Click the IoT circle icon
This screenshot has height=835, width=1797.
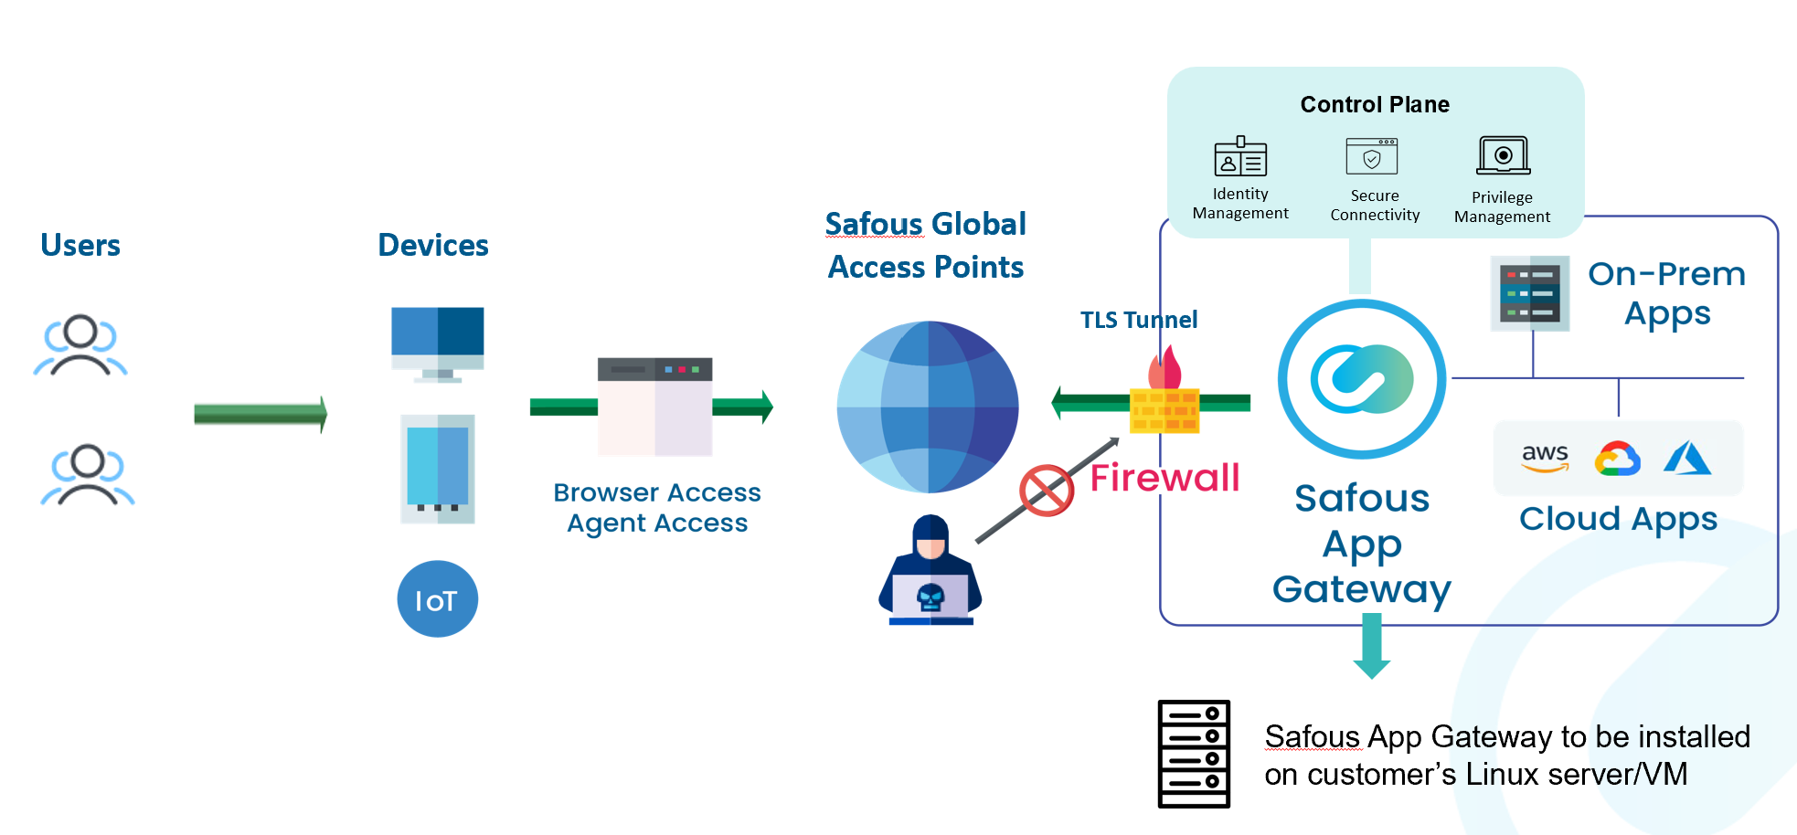click(437, 599)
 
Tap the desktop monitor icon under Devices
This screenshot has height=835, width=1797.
click(438, 344)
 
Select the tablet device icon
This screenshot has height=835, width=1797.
click(438, 469)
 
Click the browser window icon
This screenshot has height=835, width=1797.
click(654, 407)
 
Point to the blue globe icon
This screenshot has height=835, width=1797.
click(928, 407)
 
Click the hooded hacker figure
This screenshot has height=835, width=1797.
click(930, 570)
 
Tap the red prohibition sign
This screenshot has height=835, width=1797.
click(1047, 491)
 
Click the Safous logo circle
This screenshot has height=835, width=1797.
click(1362, 379)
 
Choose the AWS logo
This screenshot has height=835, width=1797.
click(1545, 458)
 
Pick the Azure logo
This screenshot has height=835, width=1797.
click(1686, 458)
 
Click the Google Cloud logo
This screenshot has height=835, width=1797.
click(1617, 459)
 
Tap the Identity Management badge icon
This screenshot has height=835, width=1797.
click(1240, 157)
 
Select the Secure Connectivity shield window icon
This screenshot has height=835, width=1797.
click(1372, 157)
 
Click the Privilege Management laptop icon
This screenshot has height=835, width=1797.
click(1503, 156)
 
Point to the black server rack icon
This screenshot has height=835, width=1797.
click(1194, 754)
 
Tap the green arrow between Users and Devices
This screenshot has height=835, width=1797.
click(261, 414)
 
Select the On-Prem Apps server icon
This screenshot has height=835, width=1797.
click(1531, 293)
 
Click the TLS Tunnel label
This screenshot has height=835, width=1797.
click(1138, 320)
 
